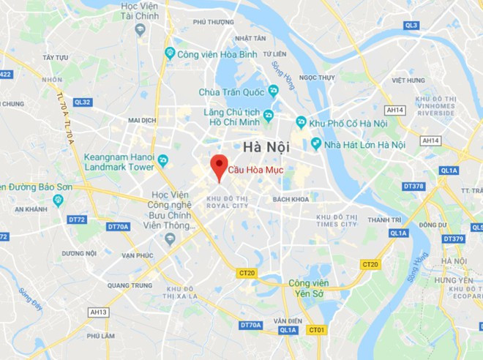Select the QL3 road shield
411,26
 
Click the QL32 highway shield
82,102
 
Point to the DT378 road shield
414,186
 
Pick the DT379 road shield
453,239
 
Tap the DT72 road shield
77,219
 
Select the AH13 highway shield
98,312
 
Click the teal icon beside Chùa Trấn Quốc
273,91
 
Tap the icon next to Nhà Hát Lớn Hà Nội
316,144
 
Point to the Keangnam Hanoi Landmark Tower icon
162,160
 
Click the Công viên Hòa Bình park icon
170,53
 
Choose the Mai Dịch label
142,120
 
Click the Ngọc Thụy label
316,77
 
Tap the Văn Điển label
288,320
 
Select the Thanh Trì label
384,220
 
